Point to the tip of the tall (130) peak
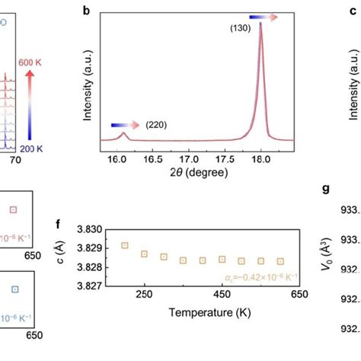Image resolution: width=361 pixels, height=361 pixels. point(260,24)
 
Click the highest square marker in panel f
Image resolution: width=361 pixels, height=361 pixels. point(125,245)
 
